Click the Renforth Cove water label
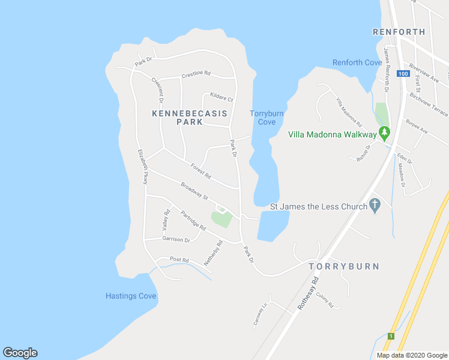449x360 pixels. click(357, 62)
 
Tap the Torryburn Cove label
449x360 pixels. click(267, 118)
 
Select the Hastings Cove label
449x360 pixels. click(131, 296)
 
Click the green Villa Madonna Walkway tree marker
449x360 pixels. click(384, 133)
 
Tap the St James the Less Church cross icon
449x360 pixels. click(375, 206)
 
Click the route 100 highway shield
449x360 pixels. click(403, 74)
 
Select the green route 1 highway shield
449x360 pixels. click(390, 336)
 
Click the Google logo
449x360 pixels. click(20, 353)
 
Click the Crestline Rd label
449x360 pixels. click(196, 74)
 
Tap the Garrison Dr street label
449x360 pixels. click(176, 239)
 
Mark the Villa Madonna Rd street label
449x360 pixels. click(348, 112)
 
